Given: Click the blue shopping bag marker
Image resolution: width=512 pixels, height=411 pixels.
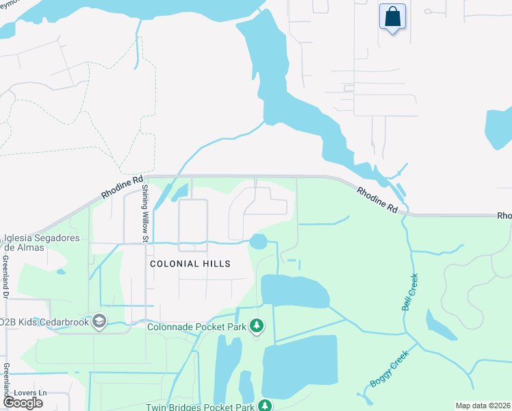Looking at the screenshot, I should [392, 17].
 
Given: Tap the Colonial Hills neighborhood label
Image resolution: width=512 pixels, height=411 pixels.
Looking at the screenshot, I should [190, 264].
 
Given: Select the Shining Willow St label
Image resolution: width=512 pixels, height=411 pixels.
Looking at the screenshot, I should [145, 214].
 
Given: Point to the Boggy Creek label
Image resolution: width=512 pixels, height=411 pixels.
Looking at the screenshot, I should [388, 369].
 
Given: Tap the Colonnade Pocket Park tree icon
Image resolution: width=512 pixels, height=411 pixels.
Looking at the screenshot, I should [257, 326].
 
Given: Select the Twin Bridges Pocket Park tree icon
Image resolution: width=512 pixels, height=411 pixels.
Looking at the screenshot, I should [266, 406].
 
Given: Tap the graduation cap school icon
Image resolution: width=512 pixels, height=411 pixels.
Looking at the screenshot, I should [99, 321].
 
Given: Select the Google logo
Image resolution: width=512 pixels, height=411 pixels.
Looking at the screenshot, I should [23, 402].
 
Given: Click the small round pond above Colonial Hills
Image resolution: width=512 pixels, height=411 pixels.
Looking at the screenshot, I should [258, 242].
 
